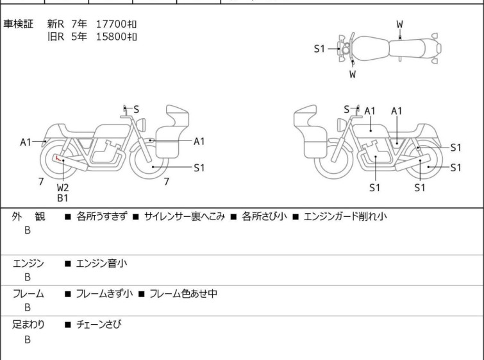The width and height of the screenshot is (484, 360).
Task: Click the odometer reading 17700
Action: [111, 24]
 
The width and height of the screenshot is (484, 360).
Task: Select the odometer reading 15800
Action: [111, 37]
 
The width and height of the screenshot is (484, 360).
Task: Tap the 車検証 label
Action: [18, 24]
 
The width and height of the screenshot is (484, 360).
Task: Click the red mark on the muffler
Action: [58, 159]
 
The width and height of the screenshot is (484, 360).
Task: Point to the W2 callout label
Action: [63, 187]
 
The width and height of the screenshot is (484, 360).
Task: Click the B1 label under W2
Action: [62, 198]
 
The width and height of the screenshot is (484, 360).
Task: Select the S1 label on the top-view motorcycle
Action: [319, 49]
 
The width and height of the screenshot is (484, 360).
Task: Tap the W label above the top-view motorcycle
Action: [400, 24]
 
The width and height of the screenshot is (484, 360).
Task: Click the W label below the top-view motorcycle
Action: [353, 74]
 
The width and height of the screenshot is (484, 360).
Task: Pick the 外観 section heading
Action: [28, 216]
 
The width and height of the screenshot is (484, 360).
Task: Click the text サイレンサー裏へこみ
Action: [184, 216]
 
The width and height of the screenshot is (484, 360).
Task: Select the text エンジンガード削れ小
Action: [345, 216]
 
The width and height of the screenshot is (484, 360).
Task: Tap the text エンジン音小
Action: [101, 263]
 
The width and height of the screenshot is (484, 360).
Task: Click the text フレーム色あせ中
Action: [183, 293]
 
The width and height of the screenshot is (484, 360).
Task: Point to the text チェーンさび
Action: [99, 324]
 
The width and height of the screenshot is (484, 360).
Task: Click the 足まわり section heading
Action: [28, 324]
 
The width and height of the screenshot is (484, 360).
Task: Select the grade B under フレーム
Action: [28, 307]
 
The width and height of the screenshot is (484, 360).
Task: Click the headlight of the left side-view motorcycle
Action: [141, 124]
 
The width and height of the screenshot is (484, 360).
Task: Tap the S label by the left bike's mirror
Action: [136, 109]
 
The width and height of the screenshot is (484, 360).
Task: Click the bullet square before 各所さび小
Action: [233, 217]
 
